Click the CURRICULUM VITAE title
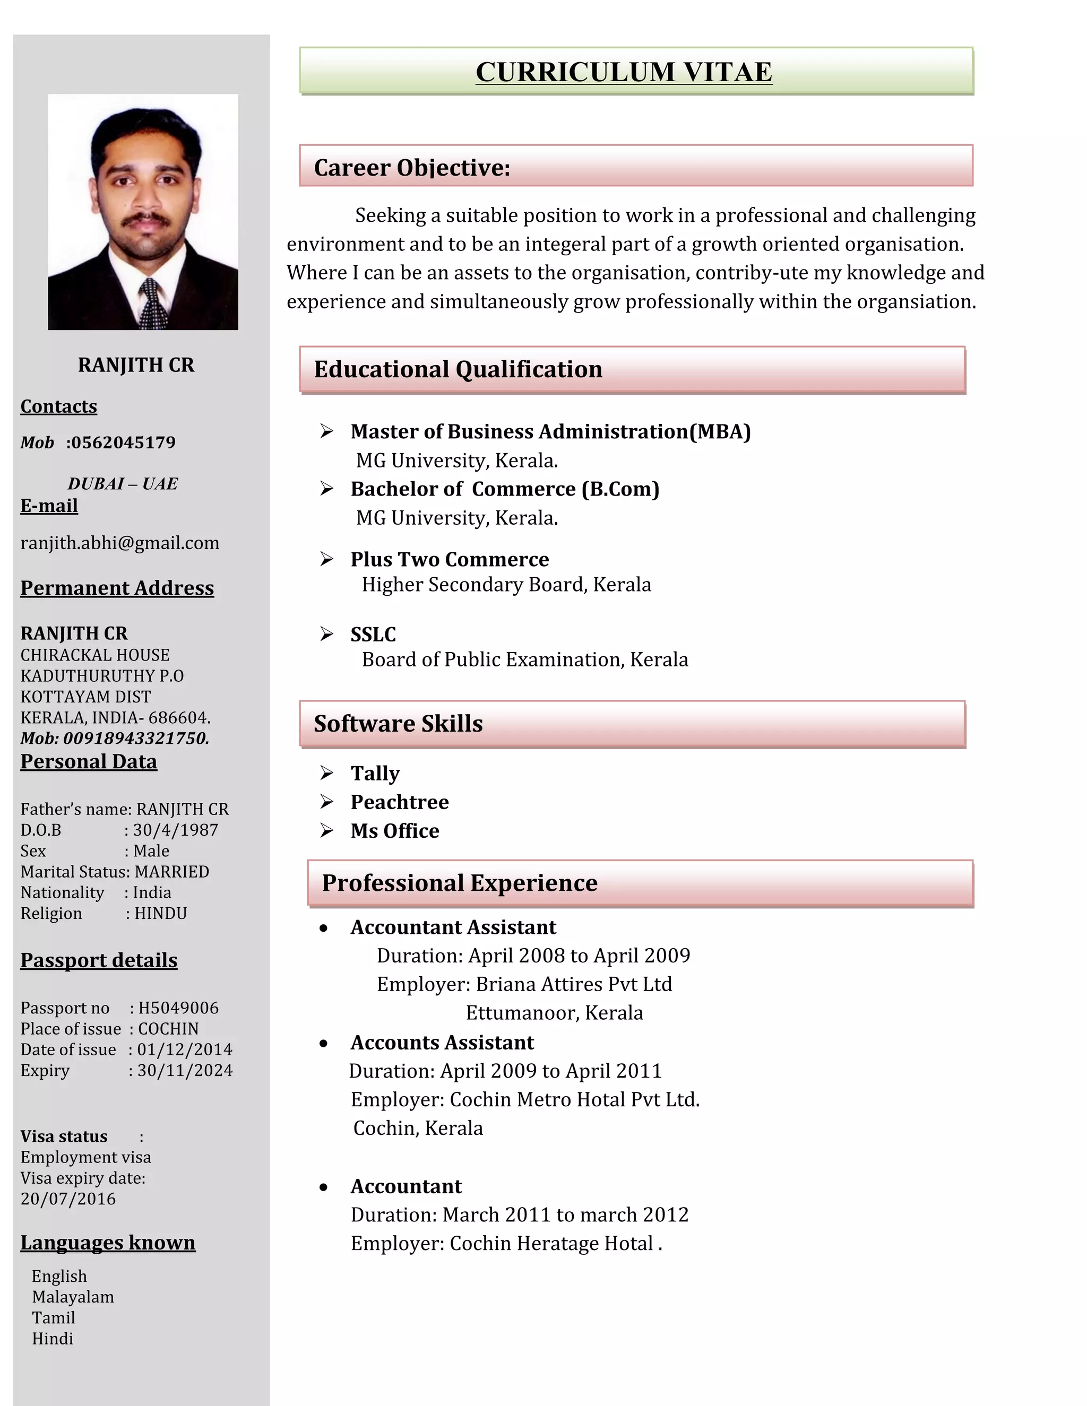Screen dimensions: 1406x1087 coord(623,72)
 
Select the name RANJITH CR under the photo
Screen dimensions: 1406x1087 coord(136,365)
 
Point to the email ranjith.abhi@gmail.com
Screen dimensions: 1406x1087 coord(120,543)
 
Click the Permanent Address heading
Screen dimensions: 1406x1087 coord(117,588)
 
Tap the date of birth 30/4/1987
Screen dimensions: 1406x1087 coord(175,830)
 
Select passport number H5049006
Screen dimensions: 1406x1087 coord(178,1008)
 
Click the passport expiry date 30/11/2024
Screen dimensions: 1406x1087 coord(185,1071)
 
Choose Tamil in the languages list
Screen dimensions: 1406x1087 coord(54,1318)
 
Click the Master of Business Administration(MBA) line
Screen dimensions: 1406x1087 coord(550,431)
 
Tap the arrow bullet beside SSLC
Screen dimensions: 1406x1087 coord(326,634)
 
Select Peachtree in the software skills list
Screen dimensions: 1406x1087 coord(399,802)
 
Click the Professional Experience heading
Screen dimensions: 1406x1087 coord(459,883)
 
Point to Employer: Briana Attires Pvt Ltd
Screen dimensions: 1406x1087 coord(524,984)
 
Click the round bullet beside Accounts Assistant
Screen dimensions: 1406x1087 coord(323,1044)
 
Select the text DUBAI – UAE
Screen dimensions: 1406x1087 coord(123,484)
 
